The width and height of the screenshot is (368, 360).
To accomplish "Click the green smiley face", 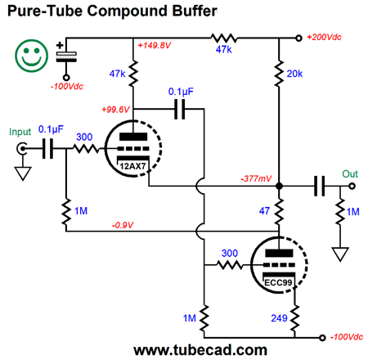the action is tap(31, 56).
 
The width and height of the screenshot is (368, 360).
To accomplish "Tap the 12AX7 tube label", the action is tap(132, 166).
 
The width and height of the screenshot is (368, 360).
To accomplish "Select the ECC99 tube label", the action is tap(278, 282).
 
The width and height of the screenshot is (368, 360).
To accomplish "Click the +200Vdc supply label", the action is tap(324, 37).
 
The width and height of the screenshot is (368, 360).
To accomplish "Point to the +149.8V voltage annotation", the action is tap(154, 45).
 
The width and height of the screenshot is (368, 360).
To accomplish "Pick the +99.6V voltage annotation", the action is tap(115, 110).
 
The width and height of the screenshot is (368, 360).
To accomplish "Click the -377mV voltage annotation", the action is tap(256, 178).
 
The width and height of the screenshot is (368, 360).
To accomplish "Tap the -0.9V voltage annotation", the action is tap(123, 225).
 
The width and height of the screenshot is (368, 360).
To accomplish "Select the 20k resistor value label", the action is tap(294, 74).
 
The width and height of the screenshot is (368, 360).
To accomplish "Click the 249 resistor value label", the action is tap(279, 318).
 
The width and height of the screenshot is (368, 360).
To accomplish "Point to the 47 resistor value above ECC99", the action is tap(264, 211).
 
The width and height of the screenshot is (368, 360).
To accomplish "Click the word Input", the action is tap(20, 133).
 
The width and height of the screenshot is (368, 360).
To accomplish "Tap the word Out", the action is tap(350, 174).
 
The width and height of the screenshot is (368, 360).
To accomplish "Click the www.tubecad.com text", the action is tap(200, 350).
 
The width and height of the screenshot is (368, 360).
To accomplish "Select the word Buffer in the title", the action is tap(195, 11).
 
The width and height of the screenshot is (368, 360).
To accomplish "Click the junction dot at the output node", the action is tap(279, 187).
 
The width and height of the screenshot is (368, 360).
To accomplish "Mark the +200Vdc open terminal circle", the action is tap(299, 38).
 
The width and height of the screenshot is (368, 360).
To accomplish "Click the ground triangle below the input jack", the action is tap(23, 173).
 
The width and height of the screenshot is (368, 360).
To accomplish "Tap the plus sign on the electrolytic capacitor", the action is tap(60, 45).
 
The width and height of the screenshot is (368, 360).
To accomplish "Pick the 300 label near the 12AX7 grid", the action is tap(84, 137).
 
